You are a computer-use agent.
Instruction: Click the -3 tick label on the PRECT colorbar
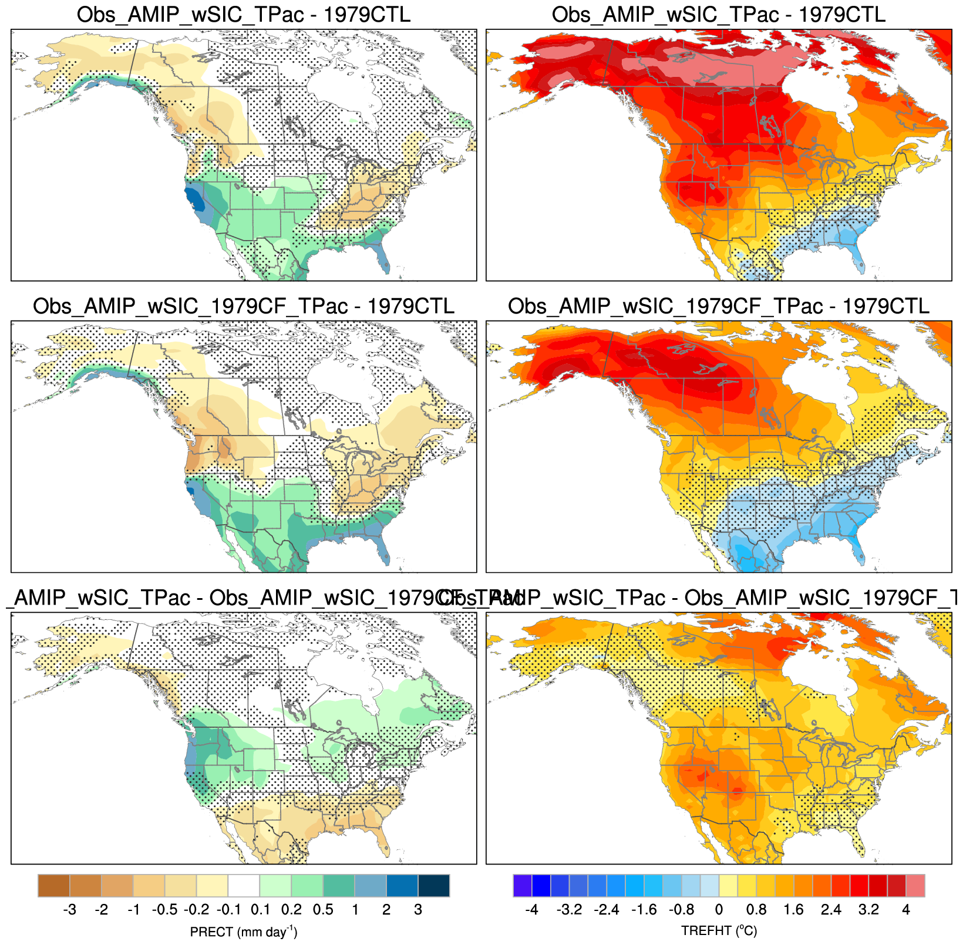[69, 910]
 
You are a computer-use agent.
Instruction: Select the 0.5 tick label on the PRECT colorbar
[323, 910]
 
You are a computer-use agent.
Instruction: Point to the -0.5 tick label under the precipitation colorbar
[164, 910]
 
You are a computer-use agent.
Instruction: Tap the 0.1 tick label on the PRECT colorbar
[260, 910]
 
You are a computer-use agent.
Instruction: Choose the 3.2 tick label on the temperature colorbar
[868, 910]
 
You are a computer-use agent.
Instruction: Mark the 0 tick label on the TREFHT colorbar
[719, 910]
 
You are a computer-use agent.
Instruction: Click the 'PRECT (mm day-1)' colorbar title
[244, 932]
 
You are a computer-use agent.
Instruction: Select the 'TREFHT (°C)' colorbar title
[719, 932]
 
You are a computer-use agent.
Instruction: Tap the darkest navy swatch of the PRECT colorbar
[434, 886]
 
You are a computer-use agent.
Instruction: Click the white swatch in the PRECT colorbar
[244, 886]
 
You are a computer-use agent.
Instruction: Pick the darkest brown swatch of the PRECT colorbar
[54, 886]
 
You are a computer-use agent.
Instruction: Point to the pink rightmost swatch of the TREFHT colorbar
[915, 886]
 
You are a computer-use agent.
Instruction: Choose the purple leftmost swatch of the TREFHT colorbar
[523, 886]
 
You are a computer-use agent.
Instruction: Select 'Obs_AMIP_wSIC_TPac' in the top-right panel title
[665, 15]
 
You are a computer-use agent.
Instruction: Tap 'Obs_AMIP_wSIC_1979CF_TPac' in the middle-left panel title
[190, 306]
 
